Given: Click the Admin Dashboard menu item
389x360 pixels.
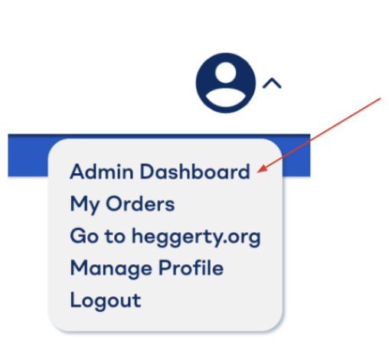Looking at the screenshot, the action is (160, 172).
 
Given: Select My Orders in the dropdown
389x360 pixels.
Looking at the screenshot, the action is (123, 205).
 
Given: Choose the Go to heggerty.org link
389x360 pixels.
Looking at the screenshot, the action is (165, 237).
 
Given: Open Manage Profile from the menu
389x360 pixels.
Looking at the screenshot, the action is (147, 268).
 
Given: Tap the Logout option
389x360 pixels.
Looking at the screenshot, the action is (106, 300).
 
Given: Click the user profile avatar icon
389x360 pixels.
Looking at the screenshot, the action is (226, 83).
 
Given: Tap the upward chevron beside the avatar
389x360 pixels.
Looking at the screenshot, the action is (272, 83).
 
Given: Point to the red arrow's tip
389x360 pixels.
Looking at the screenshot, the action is (257, 172).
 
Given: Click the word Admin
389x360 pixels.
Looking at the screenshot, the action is (102, 172).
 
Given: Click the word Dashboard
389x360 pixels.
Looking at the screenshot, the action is (195, 172).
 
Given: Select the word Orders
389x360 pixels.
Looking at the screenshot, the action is (140, 204).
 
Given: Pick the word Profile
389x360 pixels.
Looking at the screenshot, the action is (191, 267).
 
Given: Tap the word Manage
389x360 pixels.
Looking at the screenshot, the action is (111, 269).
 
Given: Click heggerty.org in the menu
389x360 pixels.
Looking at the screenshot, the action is (196, 237).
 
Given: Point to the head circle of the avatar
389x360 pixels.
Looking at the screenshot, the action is (226, 72).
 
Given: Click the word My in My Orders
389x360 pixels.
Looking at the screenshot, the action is (85, 205).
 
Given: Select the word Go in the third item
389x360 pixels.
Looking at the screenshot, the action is (84, 236).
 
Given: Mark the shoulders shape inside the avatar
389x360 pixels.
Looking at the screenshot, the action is (226, 98).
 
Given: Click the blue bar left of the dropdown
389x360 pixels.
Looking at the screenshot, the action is (28, 155).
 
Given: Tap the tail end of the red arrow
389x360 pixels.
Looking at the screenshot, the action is (381, 98).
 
